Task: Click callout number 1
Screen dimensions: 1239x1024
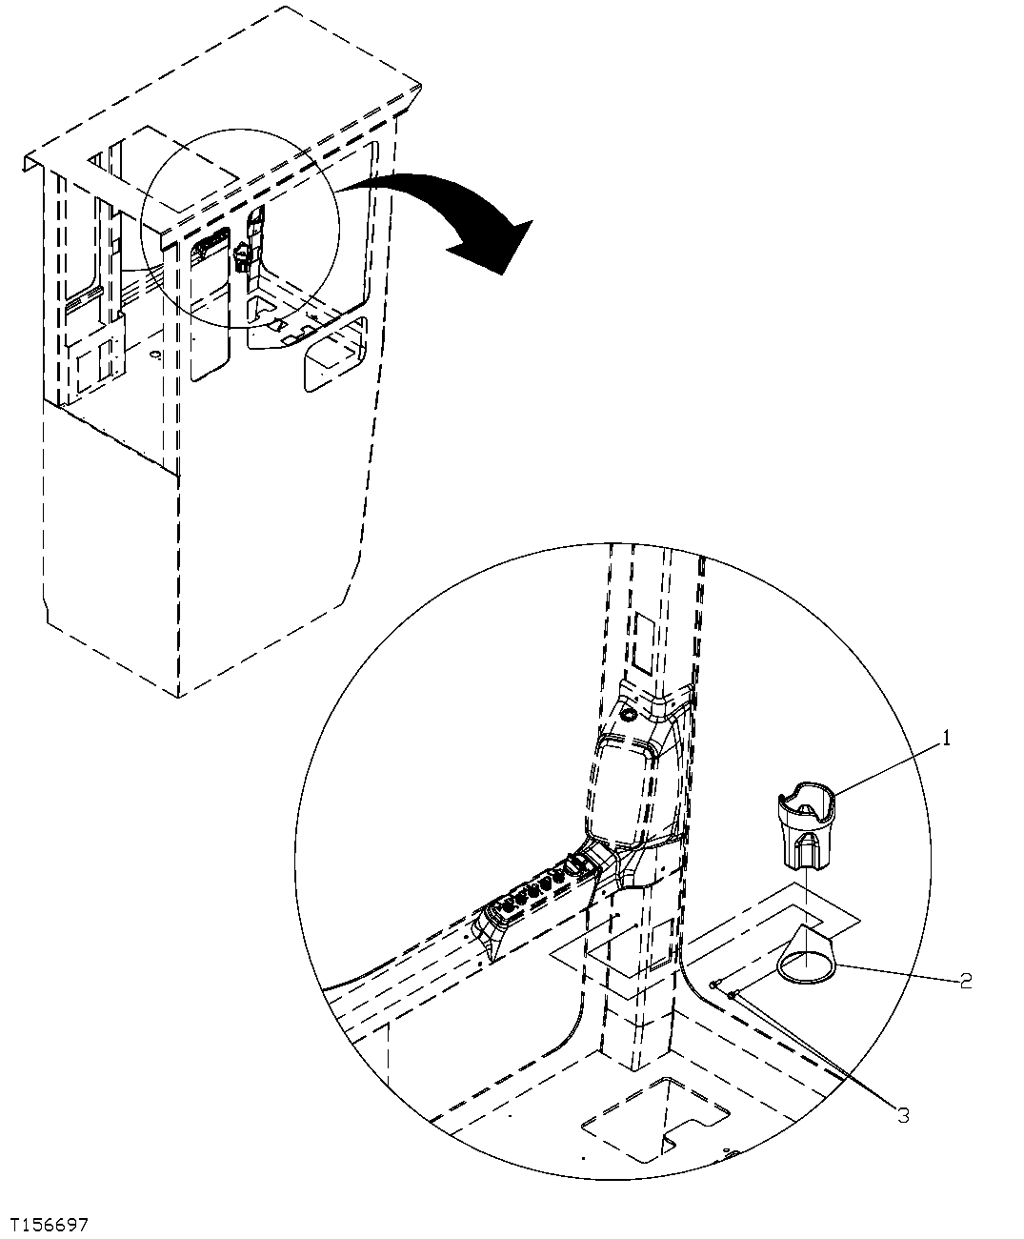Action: [x=947, y=736]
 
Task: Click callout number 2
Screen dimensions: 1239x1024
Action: [x=965, y=980]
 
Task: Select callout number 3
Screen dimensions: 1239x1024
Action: [x=900, y=1115]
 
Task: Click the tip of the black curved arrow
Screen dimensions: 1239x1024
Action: [x=502, y=273]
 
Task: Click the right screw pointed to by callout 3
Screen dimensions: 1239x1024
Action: [x=733, y=995]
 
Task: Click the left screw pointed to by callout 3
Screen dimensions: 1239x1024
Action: [x=713, y=984]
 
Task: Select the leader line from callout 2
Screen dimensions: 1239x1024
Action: [x=895, y=973]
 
